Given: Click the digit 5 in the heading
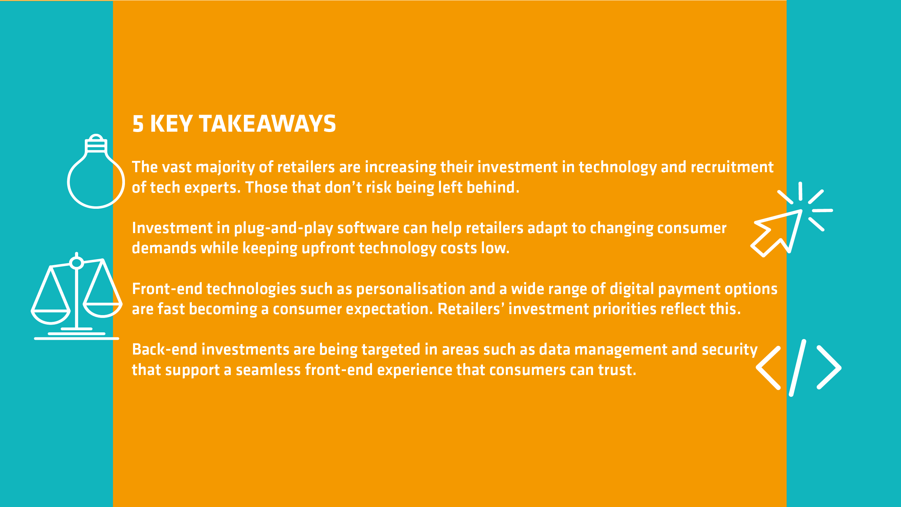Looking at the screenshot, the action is click(x=138, y=124).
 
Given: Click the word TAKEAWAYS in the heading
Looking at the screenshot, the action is click(x=267, y=124).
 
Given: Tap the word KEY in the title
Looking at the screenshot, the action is click(x=171, y=124).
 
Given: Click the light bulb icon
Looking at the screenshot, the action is click(x=96, y=171).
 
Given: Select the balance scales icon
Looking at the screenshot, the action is click(x=77, y=296).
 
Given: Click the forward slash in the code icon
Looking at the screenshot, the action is click(x=798, y=368).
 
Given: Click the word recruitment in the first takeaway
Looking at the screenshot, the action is click(x=732, y=167).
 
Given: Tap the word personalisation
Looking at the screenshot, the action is click(x=411, y=289).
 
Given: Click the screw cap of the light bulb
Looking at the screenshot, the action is click(x=96, y=144).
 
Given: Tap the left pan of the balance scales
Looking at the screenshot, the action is click(x=51, y=316).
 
